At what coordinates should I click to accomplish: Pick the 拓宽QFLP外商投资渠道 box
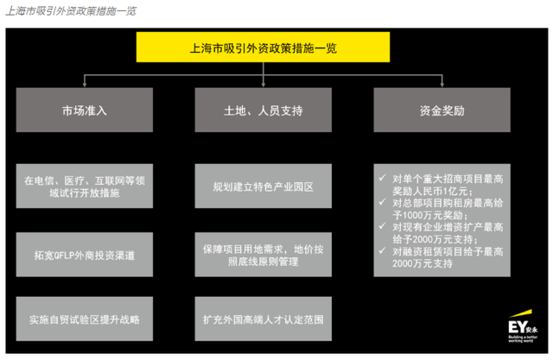(x=83, y=256)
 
